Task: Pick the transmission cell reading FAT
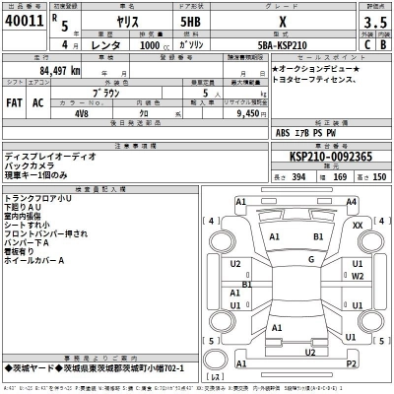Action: (x=16, y=101)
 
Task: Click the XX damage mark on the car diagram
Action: (x=357, y=225)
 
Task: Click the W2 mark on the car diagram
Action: (x=359, y=277)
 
